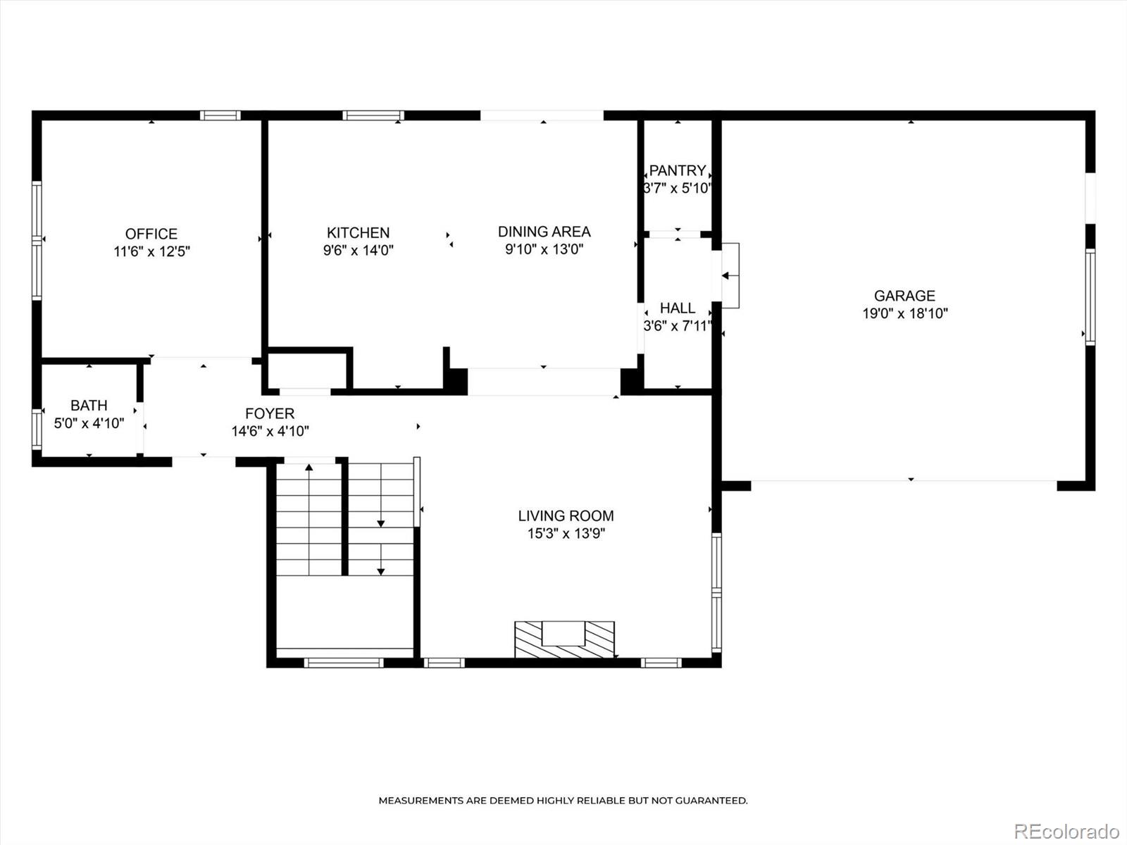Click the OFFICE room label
pyautogui.click(x=151, y=234)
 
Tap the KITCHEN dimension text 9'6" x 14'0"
pyautogui.click(x=358, y=250)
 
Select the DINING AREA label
pyautogui.click(x=544, y=232)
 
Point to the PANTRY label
pyautogui.click(x=677, y=170)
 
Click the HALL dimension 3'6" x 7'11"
pyautogui.click(x=678, y=326)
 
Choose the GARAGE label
pyautogui.click(x=904, y=296)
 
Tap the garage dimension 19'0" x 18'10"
pyautogui.click(x=905, y=313)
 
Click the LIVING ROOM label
pyautogui.click(x=566, y=516)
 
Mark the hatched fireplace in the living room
pyautogui.click(x=564, y=639)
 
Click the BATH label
pyautogui.click(x=89, y=406)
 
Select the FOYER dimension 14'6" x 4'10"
pyautogui.click(x=270, y=431)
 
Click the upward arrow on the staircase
pyautogui.click(x=309, y=468)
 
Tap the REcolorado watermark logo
pyautogui.click(x=1066, y=831)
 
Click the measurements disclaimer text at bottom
pyautogui.click(x=563, y=801)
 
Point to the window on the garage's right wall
pyautogui.click(x=1090, y=296)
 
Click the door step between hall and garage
pyautogui.click(x=730, y=276)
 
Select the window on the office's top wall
pyautogui.click(x=220, y=115)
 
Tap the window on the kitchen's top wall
pyautogui.click(x=373, y=115)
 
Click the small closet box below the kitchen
pyautogui.click(x=307, y=370)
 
